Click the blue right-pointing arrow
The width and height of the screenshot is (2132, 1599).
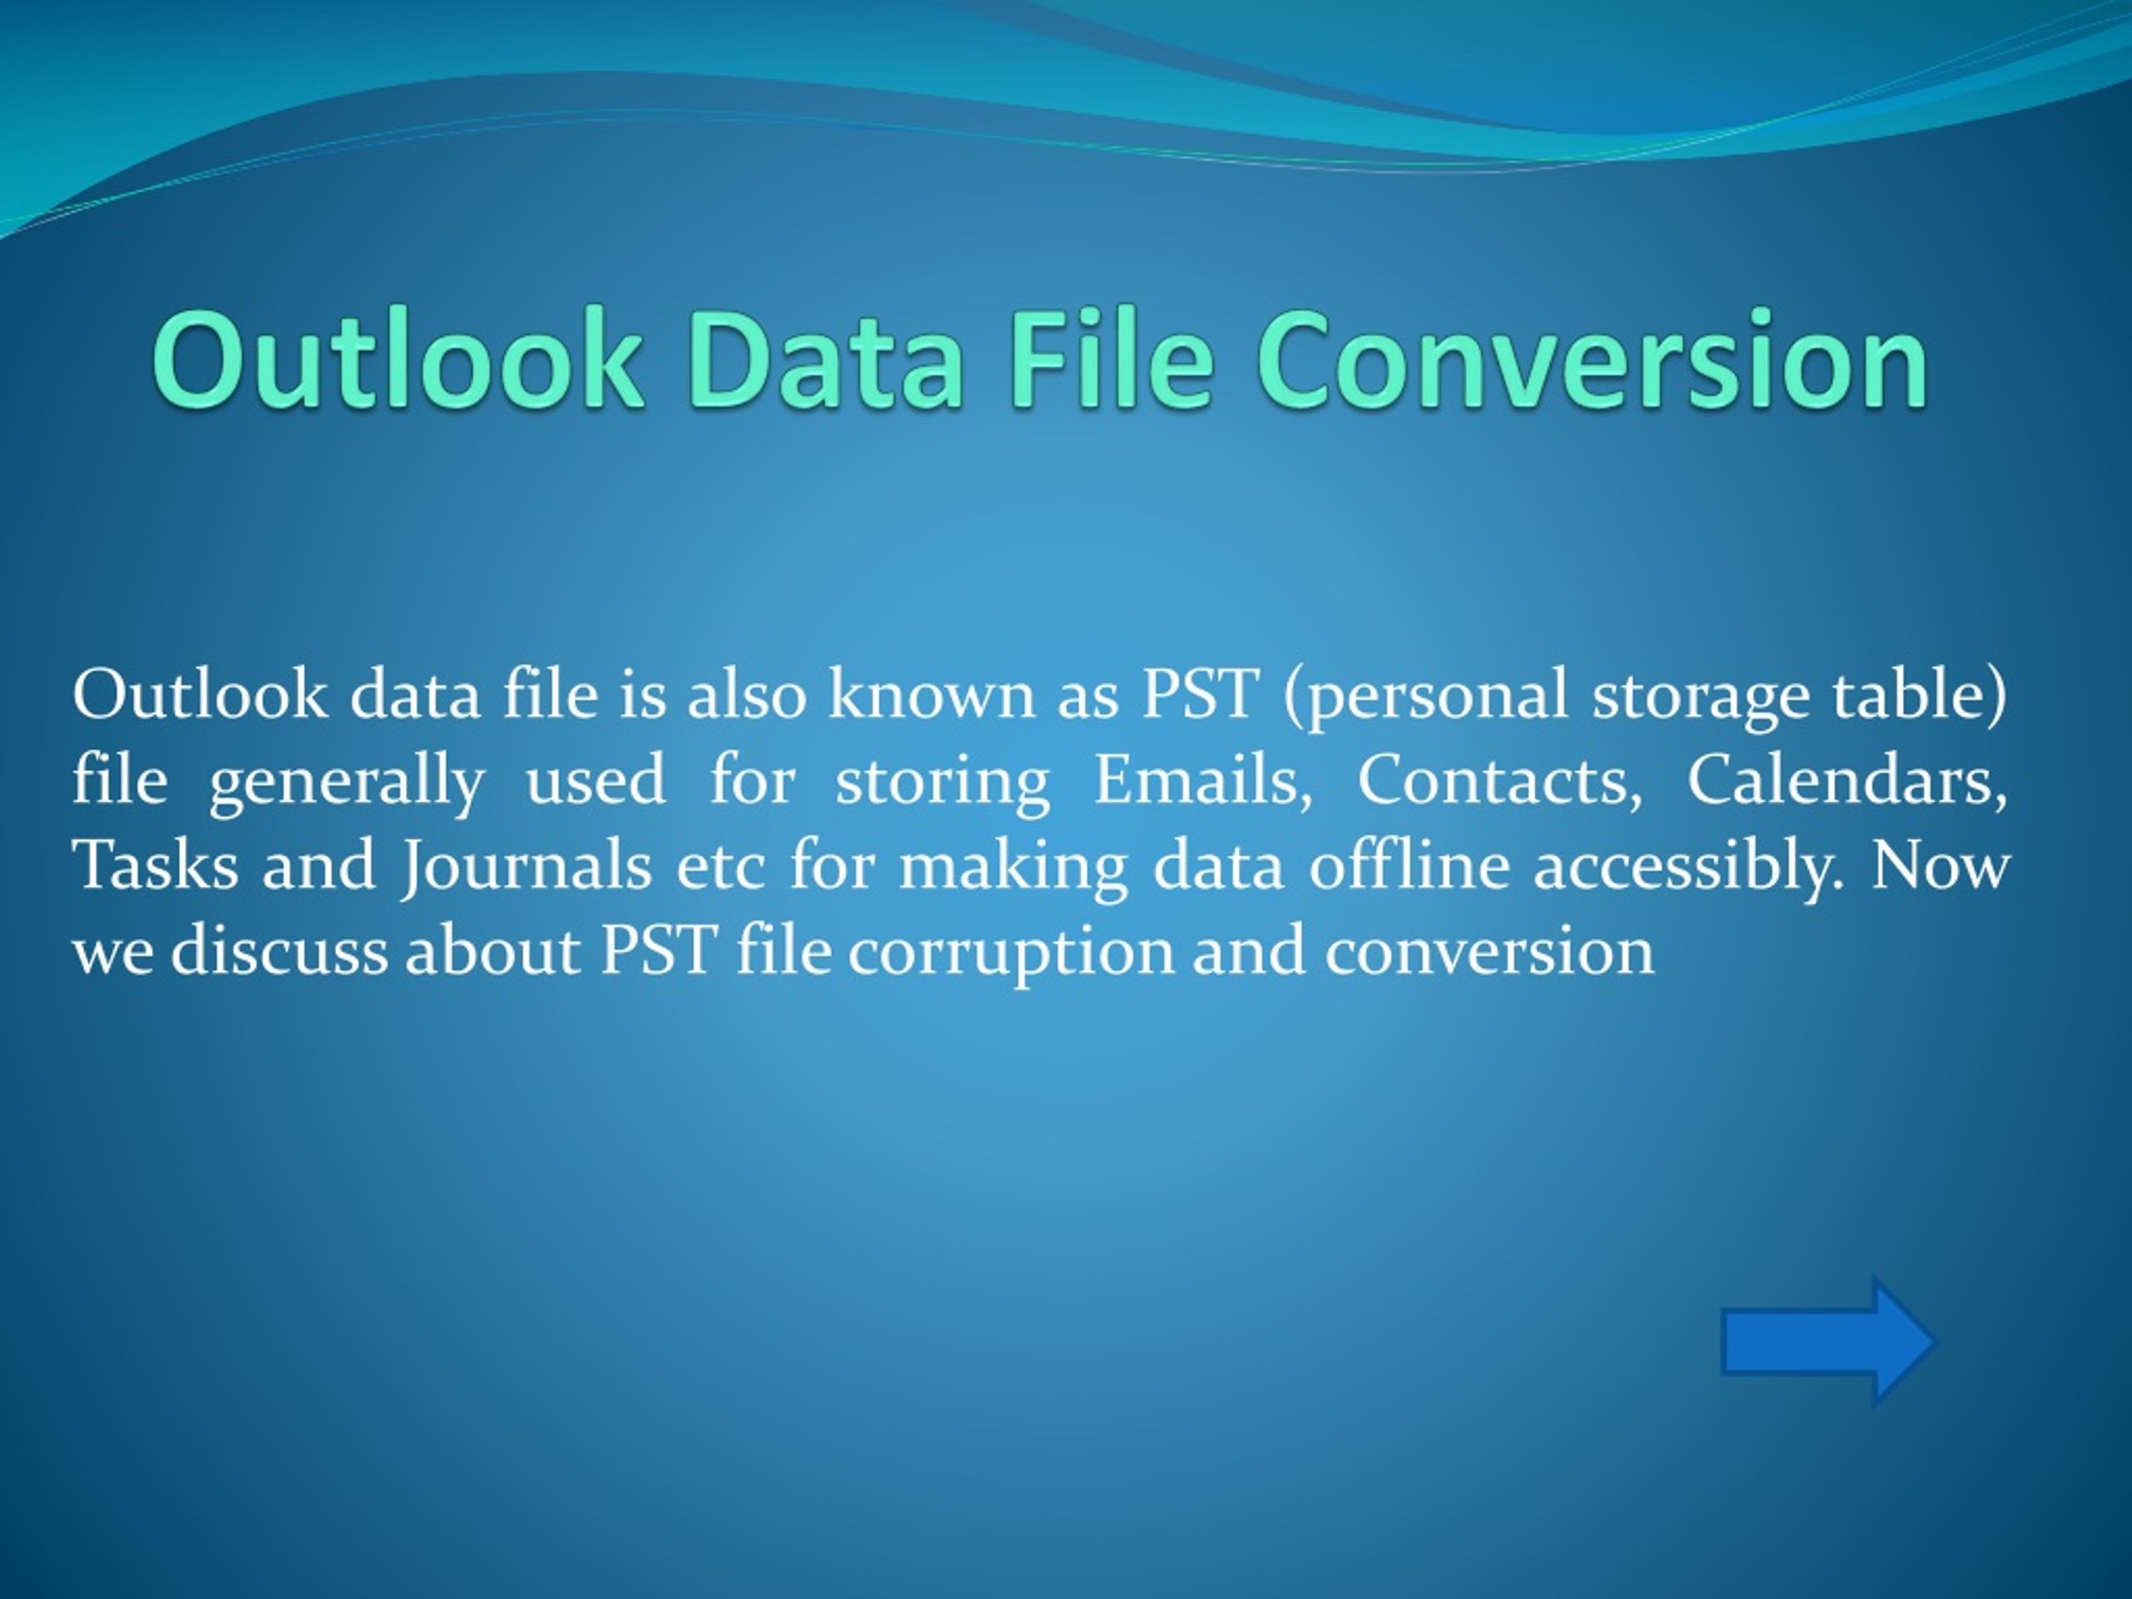1828,1340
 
